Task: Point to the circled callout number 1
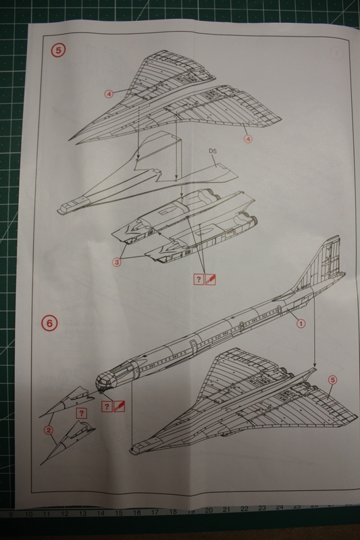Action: (301, 323)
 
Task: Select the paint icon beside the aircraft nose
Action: (120, 406)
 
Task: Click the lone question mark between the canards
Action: (81, 413)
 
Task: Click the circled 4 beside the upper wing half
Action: (109, 94)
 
